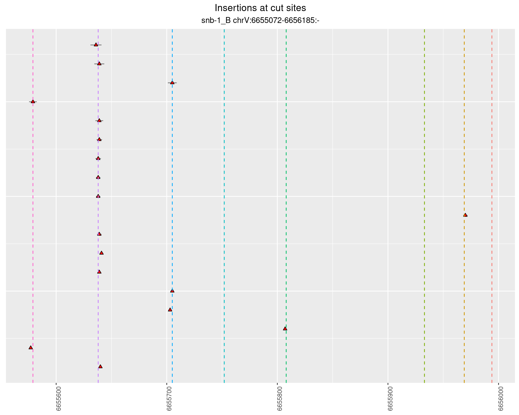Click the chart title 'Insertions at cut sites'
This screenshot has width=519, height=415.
tap(260, 8)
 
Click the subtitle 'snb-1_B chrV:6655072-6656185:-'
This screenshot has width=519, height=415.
tap(260, 21)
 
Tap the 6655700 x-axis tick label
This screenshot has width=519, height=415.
tap(169, 399)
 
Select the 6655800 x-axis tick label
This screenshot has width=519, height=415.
tap(280, 399)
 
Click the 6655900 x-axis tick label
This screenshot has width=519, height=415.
tap(390, 399)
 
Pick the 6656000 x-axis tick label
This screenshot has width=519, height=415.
tap(501, 399)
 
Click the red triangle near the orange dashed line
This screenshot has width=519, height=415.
tap(465, 215)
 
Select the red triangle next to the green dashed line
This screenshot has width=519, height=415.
tap(285, 329)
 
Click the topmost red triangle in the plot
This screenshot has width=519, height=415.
tap(96, 45)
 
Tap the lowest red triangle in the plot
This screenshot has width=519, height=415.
tap(100, 367)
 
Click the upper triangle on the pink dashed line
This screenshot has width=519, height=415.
tap(33, 102)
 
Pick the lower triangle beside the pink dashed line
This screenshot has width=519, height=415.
tap(31, 347)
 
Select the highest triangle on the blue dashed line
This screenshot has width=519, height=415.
tap(172, 82)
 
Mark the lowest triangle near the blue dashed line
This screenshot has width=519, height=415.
tap(170, 310)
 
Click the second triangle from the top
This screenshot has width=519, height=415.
tap(99, 63)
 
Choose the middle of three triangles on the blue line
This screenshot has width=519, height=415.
tap(172, 291)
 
